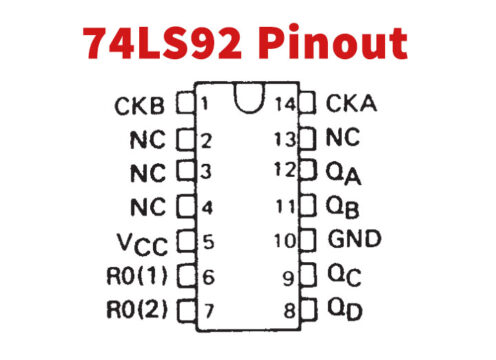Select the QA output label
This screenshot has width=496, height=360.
(344, 172)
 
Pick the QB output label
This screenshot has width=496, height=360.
(344, 206)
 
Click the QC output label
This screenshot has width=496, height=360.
(344, 275)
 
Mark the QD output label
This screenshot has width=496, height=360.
(344, 310)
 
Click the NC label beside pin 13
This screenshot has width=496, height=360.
(344, 136)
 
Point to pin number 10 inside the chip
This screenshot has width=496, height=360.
(284, 241)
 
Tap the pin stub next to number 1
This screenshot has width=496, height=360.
(184, 102)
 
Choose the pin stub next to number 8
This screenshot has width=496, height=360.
(307, 310)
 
